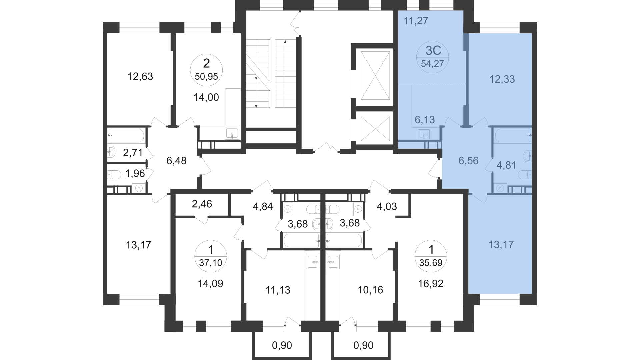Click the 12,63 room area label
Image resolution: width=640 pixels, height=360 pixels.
click(x=140, y=77)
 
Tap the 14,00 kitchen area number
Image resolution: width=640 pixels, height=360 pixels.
click(x=206, y=97)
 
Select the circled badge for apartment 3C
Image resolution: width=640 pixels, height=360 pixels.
click(x=433, y=57)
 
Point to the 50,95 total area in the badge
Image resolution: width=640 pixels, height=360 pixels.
click(x=206, y=77)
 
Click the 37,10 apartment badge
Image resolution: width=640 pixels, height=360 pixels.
click(x=210, y=255)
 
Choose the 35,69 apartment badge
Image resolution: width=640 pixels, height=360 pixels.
click(x=431, y=256)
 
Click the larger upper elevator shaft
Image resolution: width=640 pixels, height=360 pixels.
click(x=375, y=75)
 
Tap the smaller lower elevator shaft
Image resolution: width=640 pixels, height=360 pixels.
click(x=375, y=129)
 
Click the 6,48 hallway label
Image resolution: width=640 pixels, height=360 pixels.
click(x=176, y=161)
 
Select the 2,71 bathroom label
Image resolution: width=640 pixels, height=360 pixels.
click(x=133, y=153)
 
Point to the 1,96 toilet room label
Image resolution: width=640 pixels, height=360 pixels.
click(x=135, y=173)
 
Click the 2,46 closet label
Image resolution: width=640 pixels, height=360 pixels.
click(x=202, y=204)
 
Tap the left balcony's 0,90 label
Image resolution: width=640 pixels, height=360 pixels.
click(x=282, y=345)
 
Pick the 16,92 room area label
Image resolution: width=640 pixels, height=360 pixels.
click(x=431, y=284)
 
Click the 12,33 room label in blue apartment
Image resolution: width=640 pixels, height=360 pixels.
click(x=502, y=79)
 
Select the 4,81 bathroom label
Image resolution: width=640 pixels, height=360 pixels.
click(x=506, y=165)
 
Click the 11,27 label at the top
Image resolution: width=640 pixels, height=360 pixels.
click(x=416, y=21)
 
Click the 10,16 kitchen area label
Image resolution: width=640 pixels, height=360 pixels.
click(x=370, y=290)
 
